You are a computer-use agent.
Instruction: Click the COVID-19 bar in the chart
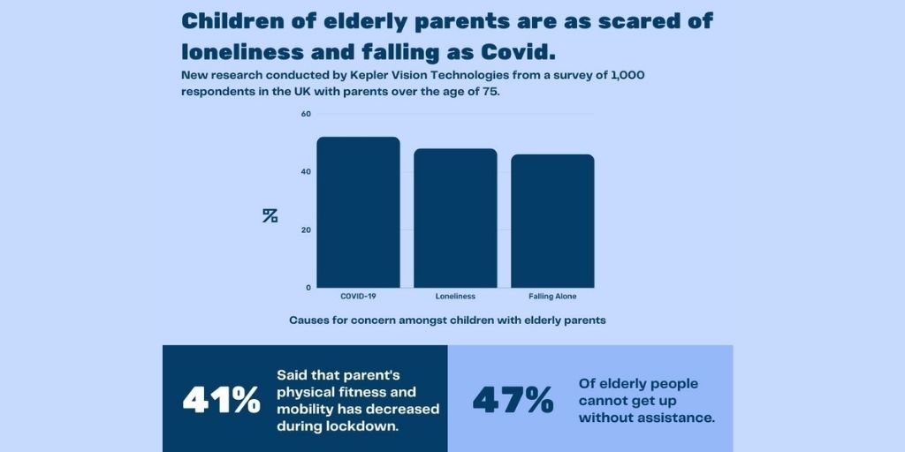coord(358,212)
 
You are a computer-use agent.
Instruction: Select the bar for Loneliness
coord(455,217)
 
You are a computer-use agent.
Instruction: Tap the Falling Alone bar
coord(552,221)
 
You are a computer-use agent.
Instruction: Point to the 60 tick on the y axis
coord(306,114)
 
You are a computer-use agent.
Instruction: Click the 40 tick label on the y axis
coord(306,171)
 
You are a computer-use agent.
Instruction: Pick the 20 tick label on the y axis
coord(306,230)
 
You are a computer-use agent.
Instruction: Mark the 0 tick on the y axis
coord(308,287)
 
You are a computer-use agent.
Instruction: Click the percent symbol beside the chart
coord(270,215)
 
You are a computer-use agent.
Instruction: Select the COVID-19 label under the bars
coord(358,297)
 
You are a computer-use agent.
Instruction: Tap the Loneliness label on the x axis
coord(455,297)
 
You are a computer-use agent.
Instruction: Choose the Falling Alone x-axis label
coord(552,297)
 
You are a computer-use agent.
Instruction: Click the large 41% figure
coord(221,400)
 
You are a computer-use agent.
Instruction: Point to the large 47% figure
coord(513,400)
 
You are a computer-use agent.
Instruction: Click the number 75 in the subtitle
coord(489,92)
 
